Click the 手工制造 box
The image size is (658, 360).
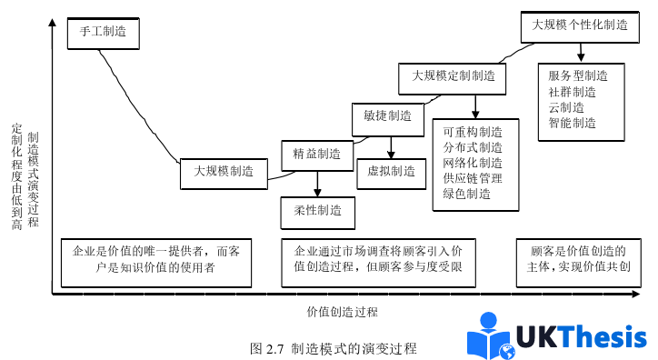click(x=103, y=32)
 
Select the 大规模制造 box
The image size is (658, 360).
click(x=223, y=170)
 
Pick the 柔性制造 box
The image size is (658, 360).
click(x=317, y=211)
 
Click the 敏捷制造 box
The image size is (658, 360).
click(x=387, y=116)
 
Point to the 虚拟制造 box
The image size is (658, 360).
click(x=391, y=170)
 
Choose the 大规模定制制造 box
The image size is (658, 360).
click(x=454, y=76)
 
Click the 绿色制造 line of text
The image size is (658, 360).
click(x=466, y=194)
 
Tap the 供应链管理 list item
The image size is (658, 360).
click(x=473, y=178)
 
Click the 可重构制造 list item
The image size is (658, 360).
click(x=473, y=132)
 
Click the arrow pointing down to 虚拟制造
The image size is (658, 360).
click(x=391, y=147)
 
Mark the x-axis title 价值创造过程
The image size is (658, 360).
click(x=342, y=312)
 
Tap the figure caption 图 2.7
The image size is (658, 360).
click(x=334, y=348)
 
